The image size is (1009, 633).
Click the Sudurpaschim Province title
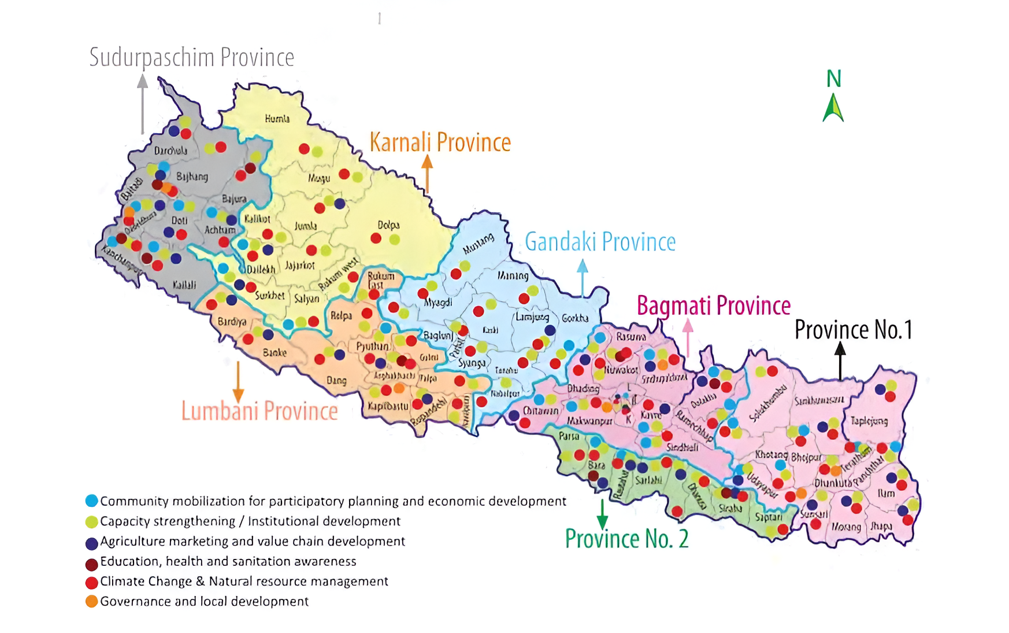(191, 57)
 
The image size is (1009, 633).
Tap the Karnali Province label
(440, 142)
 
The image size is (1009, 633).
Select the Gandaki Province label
(600, 242)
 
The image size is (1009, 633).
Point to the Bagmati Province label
(713, 306)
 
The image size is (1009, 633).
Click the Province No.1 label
(853, 330)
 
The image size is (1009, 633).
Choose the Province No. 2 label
(626, 539)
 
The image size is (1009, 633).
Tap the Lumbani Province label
(259, 411)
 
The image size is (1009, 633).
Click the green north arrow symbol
(833, 108)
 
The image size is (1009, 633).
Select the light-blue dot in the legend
(91, 501)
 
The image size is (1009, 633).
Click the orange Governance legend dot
(91, 601)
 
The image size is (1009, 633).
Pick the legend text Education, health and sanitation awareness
(228, 561)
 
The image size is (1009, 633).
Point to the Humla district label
(277, 119)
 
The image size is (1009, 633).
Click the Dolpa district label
(388, 225)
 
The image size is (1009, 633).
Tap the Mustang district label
(478, 244)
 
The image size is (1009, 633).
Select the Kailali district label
(184, 285)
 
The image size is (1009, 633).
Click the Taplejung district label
(869, 421)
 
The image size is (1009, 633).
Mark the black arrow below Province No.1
(840, 360)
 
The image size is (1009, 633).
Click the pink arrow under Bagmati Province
(688, 337)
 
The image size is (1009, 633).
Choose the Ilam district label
(885, 493)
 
